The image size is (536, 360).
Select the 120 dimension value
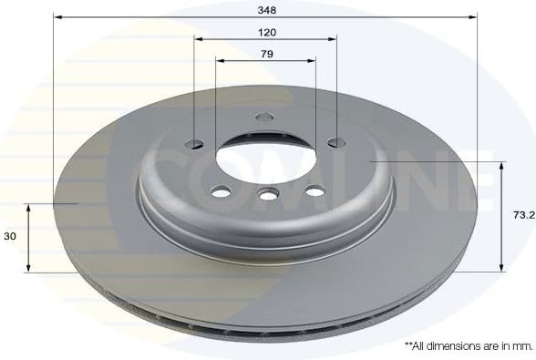(x=266, y=32)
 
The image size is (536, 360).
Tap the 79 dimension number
(x=266, y=55)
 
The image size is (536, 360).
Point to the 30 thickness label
(x=10, y=236)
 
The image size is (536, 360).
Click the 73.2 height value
(x=522, y=216)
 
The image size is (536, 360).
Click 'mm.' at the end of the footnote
(x=521, y=346)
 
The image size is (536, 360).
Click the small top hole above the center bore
(x=265, y=117)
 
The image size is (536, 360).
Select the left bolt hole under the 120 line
(x=195, y=143)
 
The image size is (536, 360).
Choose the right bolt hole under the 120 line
(x=336, y=142)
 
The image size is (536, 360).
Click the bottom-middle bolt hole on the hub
(x=267, y=194)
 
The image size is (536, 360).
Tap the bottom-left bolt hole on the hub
(x=220, y=191)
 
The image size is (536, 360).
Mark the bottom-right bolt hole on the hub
(x=314, y=190)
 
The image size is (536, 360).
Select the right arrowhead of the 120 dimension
(x=333, y=39)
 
